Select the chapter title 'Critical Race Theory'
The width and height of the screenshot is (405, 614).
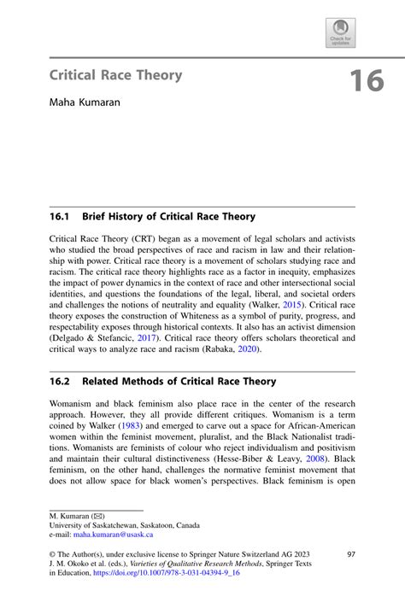[115, 75]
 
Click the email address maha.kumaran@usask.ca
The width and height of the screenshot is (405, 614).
[115, 535]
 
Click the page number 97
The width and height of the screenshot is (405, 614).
[350, 553]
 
